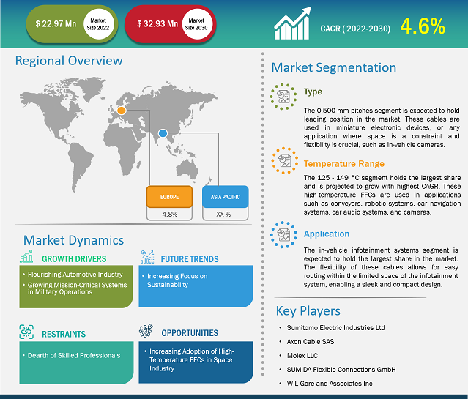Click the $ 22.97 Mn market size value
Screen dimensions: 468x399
[x=56, y=24]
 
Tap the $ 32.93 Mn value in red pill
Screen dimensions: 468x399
[x=157, y=24]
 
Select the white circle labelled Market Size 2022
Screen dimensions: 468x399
[x=98, y=24]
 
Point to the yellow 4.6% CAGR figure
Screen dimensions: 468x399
[x=423, y=26]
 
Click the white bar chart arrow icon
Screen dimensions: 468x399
[x=292, y=23]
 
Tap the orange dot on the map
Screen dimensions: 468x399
[x=122, y=111]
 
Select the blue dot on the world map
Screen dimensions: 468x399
[x=163, y=133]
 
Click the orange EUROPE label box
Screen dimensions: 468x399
[x=169, y=197]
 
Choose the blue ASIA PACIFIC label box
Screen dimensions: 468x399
[x=226, y=197]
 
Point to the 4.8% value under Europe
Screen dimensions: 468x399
[x=169, y=215]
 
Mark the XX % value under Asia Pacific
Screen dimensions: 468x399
[x=223, y=215]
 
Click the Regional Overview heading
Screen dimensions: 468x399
[x=69, y=61]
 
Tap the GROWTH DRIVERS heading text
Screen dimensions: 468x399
[x=74, y=258]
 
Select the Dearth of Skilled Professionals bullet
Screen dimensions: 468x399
[x=74, y=355]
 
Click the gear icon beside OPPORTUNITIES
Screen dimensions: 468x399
[x=146, y=331]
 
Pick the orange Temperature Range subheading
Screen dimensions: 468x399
[x=343, y=164]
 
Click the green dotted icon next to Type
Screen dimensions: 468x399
[x=283, y=97]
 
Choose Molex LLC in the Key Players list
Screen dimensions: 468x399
[x=302, y=355]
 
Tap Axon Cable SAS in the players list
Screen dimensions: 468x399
[x=311, y=342]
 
